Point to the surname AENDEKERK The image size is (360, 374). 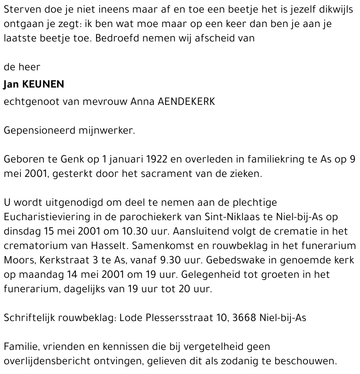pyautogui.click(x=186, y=102)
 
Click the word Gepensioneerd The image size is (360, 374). pyautogui.click(x=40, y=130)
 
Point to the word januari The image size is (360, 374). pyautogui.click(x=122, y=159)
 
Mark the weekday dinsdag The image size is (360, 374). pyautogui.click(x=20, y=231)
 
